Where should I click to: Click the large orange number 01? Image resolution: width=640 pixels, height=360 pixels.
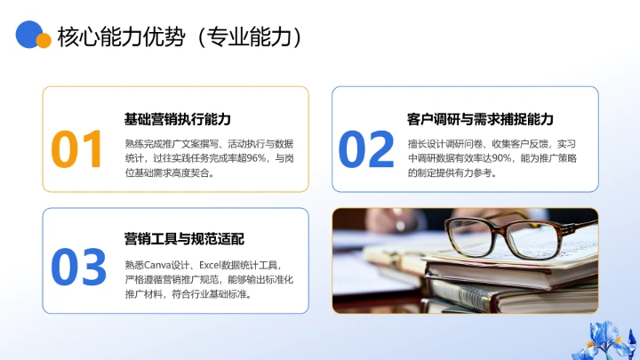pos(78,148)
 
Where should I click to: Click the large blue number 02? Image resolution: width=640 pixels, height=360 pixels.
pos(365,148)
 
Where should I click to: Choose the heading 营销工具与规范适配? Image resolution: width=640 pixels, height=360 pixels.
pos(184,238)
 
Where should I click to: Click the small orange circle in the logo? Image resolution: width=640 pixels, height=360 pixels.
pos(43,41)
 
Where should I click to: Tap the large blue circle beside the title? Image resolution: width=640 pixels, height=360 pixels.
pos(29,33)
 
